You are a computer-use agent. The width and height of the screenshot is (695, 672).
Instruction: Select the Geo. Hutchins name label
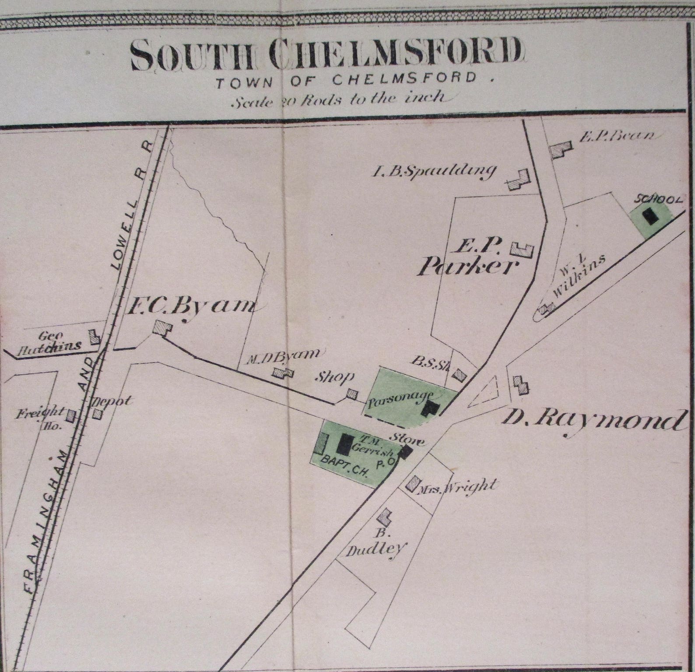(x=57, y=341)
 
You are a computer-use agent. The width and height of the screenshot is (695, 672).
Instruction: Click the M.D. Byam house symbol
(x=283, y=373)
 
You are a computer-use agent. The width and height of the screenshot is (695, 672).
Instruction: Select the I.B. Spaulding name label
(x=433, y=171)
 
